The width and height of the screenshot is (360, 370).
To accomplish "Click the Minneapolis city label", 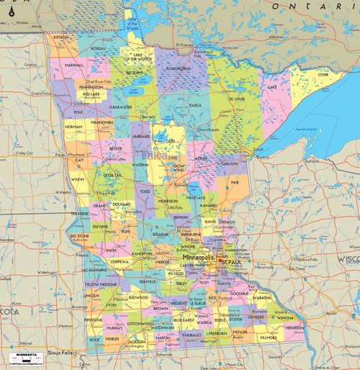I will point(197,257).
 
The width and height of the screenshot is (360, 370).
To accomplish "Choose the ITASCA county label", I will point(194,105).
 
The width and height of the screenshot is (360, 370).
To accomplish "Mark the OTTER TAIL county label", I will point(112,174).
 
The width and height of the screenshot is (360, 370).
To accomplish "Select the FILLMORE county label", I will point(268,336).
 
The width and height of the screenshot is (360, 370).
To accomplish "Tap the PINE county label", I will point(235,183).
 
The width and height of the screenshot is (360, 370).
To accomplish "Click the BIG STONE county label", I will point(79,235).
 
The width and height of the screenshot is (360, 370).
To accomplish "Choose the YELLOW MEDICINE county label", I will point(102,284).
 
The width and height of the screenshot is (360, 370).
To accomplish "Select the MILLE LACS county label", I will point(196,197).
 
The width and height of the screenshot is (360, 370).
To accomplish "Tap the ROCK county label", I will point(94,338).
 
